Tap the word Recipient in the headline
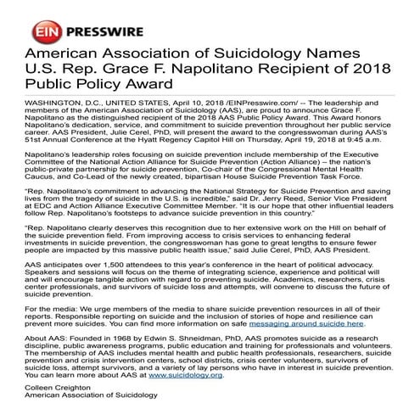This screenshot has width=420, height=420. tap(265, 70)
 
